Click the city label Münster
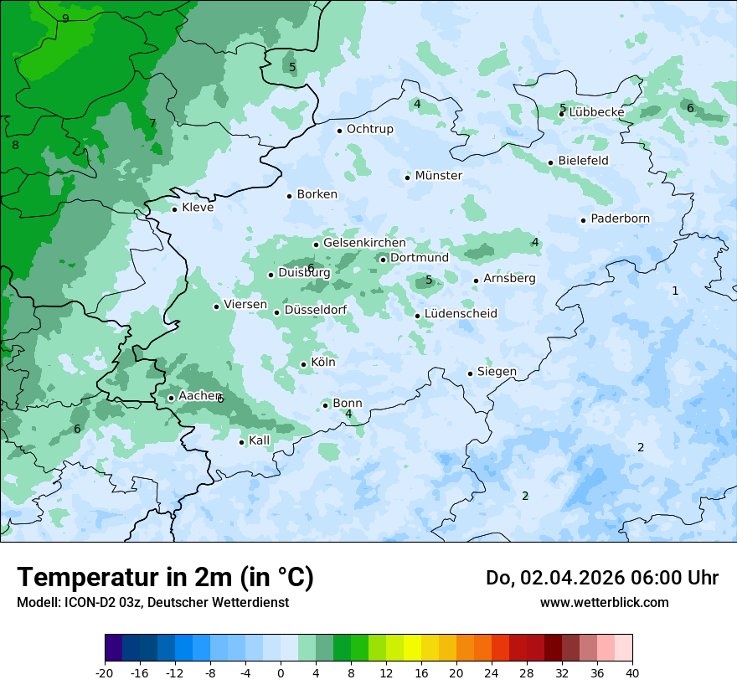point(438,176)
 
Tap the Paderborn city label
point(620,219)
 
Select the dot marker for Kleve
point(174,208)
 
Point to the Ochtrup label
point(369,129)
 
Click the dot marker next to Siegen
point(470,373)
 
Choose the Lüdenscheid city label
point(461,314)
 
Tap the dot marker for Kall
point(241,442)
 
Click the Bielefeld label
point(583,161)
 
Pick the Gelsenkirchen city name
point(364,243)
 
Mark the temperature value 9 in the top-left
point(65,18)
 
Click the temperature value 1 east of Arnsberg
point(675,291)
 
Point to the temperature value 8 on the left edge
point(15,145)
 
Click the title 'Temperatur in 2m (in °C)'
point(165,578)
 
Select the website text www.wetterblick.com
point(604,602)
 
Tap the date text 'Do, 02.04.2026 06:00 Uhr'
point(601,578)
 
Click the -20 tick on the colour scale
point(105,672)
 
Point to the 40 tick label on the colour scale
point(632,672)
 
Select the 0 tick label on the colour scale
point(281,672)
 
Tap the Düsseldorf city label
point(316,311)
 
